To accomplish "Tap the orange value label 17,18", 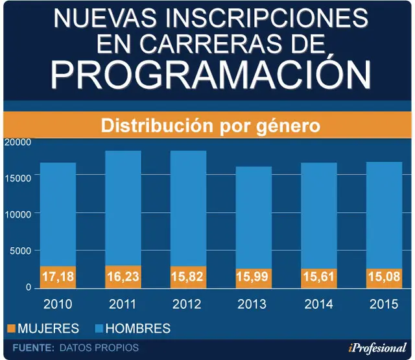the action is pyautogui.click(x=58, y=276).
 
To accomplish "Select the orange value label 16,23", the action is pyautogui.click(x=123, y=276).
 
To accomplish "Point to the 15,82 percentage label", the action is pyautogui.click(x=187, y=276).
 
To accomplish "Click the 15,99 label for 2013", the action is pyautogui.click(x=252, y=276).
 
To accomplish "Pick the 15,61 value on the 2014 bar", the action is pyautogui.click(x=318, y=276).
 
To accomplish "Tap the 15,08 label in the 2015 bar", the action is pyautogui.click(x=384, y=276).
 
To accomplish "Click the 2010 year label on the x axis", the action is pyautogui.click(x=58, y=304).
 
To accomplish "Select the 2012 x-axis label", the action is pyautogui.click(x=187, y=304).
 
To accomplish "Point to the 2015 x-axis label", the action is pyautogui.click(x=384, y=304).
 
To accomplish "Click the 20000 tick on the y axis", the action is pyautogui.click(x=18, y=142).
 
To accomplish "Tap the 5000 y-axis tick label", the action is pyautogui.click(x=20, y=250).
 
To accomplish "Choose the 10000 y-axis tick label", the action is pyautogui.click(x=18, y=215).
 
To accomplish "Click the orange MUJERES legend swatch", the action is pyautogui.click(x=12, y=328).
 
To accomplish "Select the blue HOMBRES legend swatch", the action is pyautogui.click(x=99, y=328).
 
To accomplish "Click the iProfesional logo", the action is pyautogui.click(x=377, y=348).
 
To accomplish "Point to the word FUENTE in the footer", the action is pyautogui.click(x=33, y=348).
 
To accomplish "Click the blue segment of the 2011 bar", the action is pyautogui.click(x=123, y=208).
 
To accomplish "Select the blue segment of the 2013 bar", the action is pyautogui.click(x=254, y=217).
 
